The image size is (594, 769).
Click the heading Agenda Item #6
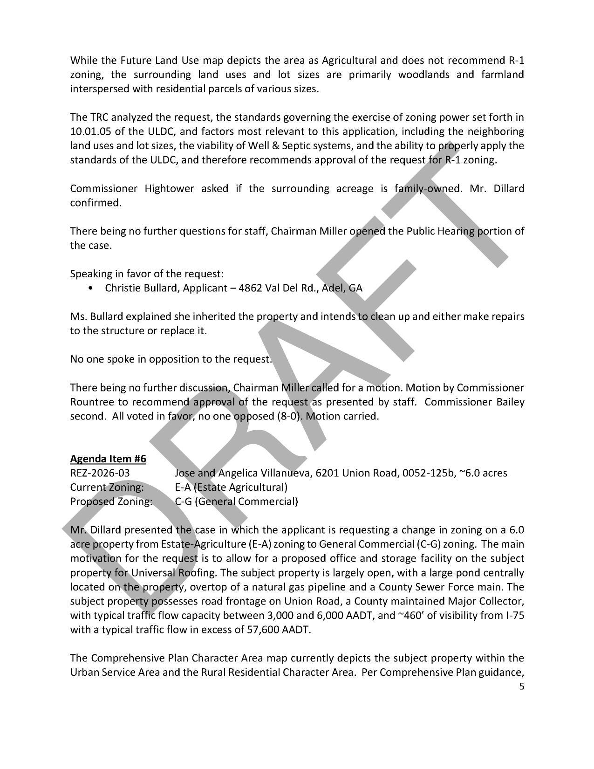coord(108,459)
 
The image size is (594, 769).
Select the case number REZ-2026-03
coord(100,473)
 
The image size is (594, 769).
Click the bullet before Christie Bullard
coord(90,288)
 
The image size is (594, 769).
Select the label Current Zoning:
coord(107,487)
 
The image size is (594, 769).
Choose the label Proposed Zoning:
coord(111,501)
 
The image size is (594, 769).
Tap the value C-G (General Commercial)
coord(236,501)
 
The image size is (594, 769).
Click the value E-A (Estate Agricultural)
coord(231,487)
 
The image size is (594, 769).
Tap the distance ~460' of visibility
coord(414,615)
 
